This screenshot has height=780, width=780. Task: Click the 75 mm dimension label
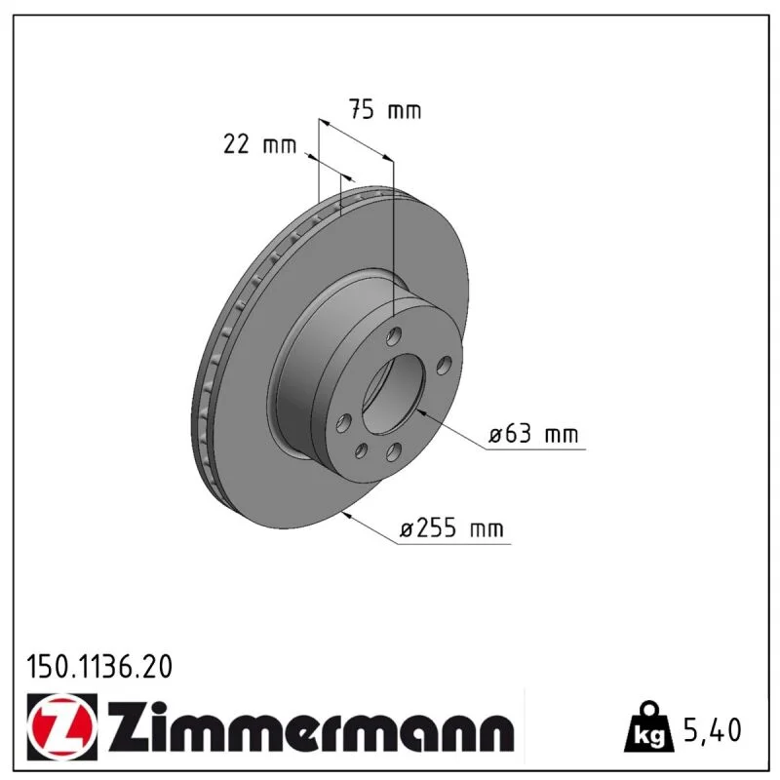[x=384, y=109]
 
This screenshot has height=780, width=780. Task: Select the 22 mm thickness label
[x=259, y=144]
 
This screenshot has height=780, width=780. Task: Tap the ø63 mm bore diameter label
[x=533, y=434]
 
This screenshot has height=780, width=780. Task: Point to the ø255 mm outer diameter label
[x=452, y=527]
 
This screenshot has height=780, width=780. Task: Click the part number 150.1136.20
[x=99, y=667]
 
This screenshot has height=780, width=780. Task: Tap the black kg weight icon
[x=649, y=727]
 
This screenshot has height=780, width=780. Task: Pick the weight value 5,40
[x=713, y=730]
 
